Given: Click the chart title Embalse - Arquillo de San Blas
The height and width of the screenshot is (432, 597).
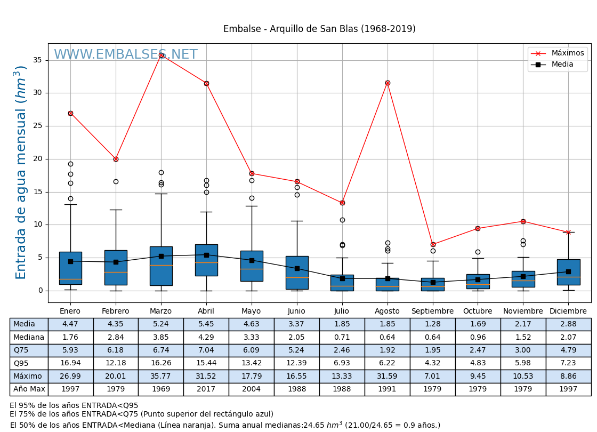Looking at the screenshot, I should pos(319,29).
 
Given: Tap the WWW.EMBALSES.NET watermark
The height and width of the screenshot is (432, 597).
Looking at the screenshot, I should pos(126,55).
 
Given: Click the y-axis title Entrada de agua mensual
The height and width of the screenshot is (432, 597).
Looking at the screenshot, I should pos(21,172).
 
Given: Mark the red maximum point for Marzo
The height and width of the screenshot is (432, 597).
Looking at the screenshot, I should pos(161,55).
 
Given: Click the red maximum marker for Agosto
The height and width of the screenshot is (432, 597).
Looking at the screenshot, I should pos(388,83).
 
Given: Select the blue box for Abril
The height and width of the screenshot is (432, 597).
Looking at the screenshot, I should pos(206,260).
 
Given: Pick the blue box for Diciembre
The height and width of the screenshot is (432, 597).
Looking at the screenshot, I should pos(568,272).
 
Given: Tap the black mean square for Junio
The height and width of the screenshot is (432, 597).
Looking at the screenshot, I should pos(297,268).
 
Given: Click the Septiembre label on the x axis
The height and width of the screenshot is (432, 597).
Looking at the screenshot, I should pos(432,311).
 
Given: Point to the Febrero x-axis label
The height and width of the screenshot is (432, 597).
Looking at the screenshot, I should pos(116,311).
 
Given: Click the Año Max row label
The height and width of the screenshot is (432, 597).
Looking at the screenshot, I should pos(29,389).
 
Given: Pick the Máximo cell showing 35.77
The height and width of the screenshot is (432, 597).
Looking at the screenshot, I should pos(161,376).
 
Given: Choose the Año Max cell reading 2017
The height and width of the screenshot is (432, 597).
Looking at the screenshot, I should pos(206,389).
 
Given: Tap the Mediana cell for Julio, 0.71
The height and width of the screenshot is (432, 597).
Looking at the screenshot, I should pos(342,337).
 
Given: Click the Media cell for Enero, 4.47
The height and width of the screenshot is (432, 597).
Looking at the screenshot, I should pos(70,324).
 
